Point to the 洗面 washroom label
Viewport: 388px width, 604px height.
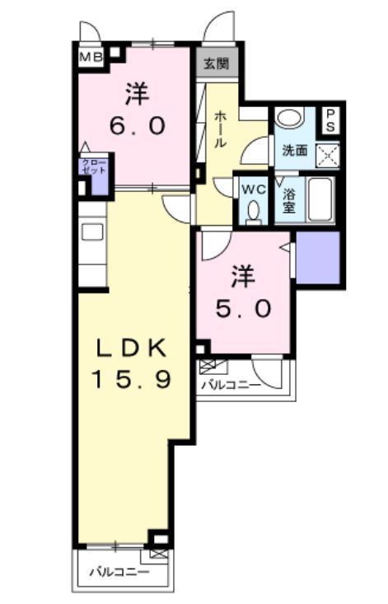point(295,152)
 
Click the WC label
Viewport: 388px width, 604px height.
point(252,188)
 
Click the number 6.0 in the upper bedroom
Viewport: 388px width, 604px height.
point(138,125)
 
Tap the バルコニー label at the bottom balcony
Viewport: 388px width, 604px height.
point(119,571)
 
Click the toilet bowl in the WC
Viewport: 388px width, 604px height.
point(252,211)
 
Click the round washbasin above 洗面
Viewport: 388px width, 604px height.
point(288,118)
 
